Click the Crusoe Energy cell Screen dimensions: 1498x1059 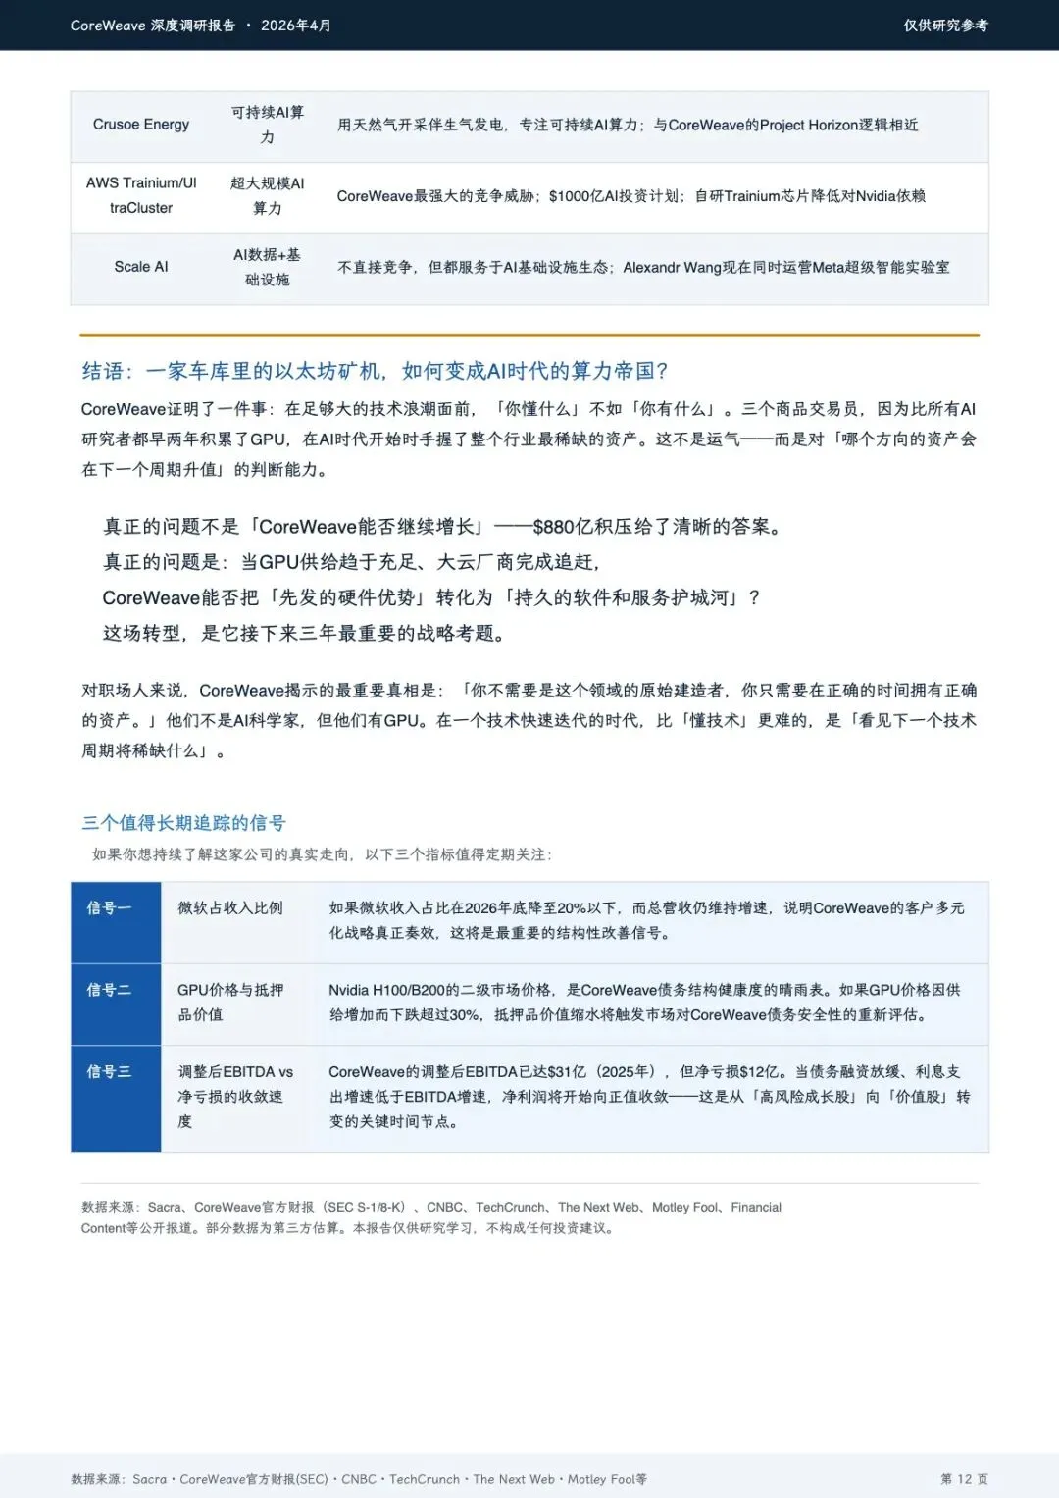141,125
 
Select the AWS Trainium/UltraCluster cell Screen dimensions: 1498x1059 141,195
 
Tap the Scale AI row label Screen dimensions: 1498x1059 141,267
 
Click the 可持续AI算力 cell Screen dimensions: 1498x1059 267,125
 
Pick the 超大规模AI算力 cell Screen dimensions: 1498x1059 267,195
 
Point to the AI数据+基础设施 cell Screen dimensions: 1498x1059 267,267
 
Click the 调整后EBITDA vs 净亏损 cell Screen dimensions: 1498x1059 235,1097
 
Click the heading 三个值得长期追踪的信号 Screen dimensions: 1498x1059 183,823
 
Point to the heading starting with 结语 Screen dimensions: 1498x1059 375,371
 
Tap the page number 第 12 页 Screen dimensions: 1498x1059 964,1479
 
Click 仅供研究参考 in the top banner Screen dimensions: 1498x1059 945,26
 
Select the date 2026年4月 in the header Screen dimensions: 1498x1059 295,26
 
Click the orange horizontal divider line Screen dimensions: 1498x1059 529,336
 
